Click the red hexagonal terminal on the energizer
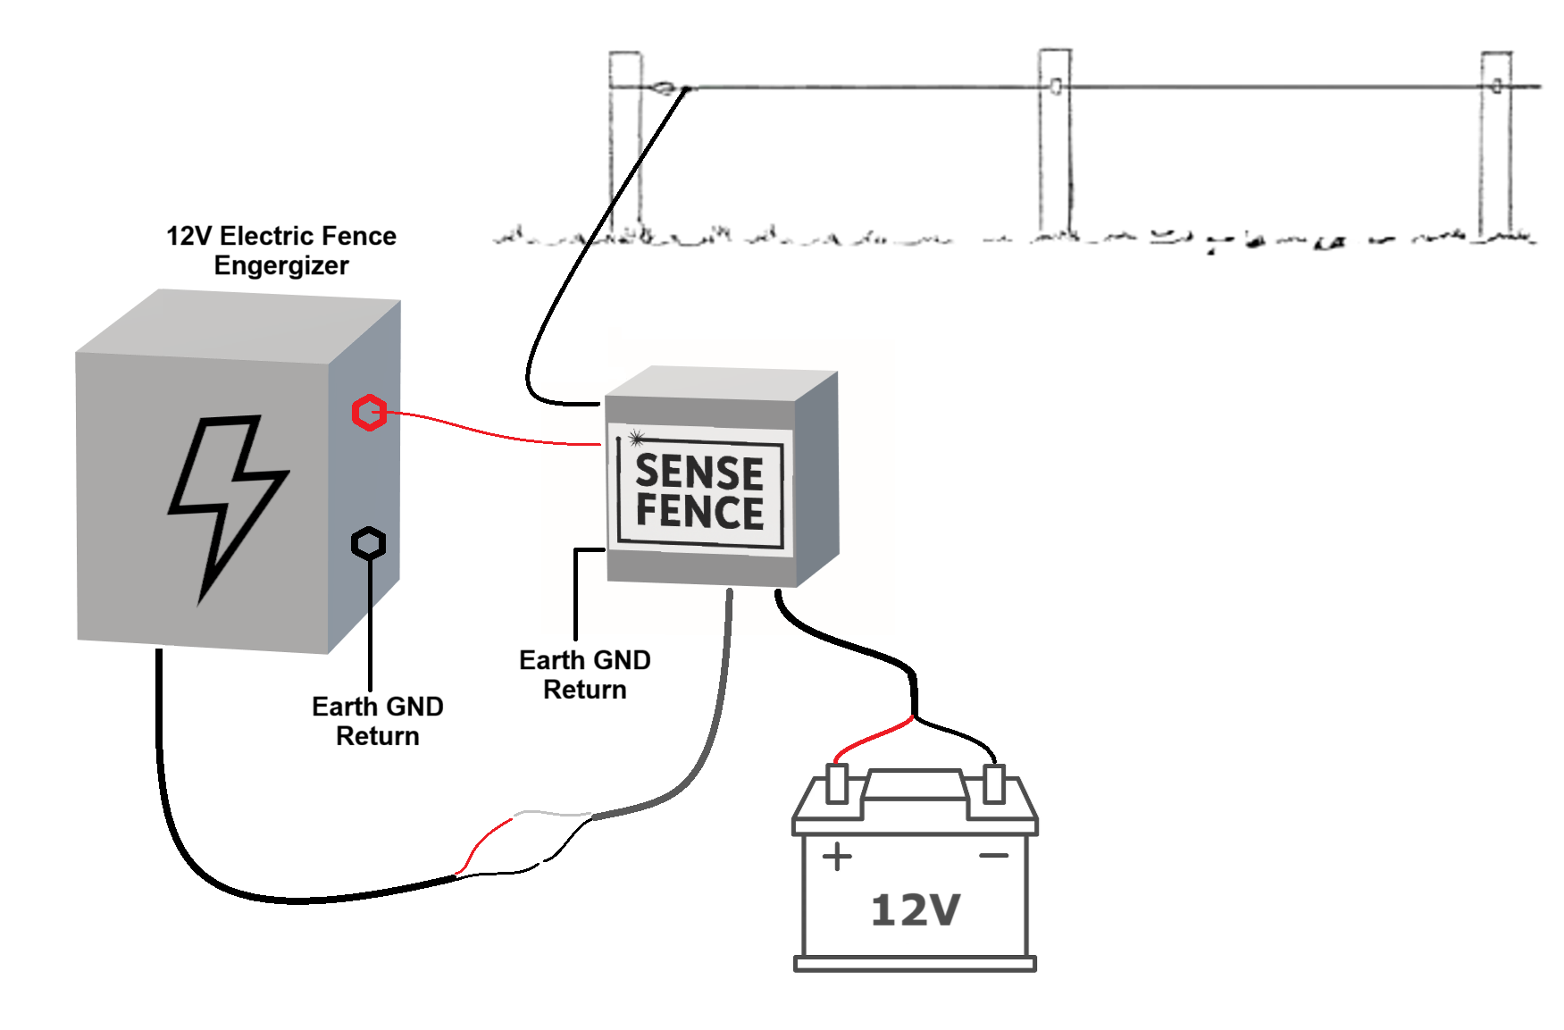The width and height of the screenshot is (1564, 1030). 368,412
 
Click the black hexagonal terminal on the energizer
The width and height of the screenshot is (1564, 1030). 368,542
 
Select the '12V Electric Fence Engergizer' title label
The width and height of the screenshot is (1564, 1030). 281,250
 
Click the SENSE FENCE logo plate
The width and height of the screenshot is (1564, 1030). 699,490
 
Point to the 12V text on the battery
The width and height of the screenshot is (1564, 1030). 915,909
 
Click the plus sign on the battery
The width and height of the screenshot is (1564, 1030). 837,857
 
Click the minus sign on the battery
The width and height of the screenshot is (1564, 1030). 993,856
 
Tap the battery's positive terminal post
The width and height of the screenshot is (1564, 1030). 837,783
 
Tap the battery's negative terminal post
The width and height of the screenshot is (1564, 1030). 993,783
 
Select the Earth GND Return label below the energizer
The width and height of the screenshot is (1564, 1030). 377,721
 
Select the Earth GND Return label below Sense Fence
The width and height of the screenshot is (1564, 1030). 585,674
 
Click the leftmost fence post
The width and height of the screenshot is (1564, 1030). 625,143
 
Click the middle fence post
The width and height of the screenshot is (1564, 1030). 1055,143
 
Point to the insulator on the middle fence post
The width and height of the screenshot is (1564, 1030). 1056,87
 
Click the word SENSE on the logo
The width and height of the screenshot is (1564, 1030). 699,471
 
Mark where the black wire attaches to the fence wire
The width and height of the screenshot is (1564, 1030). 686,88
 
